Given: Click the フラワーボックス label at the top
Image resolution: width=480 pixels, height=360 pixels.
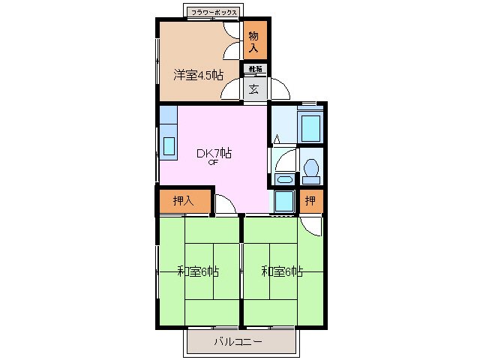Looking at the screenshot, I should (x=214, y=13).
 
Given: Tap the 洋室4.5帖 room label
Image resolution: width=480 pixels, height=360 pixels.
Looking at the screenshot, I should (x=199, y=74).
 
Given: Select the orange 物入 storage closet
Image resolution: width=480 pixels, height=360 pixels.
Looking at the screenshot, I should (x=253, y=41).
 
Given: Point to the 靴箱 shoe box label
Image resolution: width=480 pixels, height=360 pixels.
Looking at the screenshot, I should (x=253, y=70).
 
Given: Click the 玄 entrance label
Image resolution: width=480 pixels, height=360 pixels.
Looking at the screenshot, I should (x=253, y=88).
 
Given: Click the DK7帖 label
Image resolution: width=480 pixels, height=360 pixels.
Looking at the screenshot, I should (x=214, y=153).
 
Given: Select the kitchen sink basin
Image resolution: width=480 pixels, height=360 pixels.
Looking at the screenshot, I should (x=168, y=145).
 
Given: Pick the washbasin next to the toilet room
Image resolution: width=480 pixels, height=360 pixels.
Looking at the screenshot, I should (x=283, y=179).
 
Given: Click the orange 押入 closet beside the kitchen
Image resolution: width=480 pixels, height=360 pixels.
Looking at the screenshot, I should (x=183, y=200).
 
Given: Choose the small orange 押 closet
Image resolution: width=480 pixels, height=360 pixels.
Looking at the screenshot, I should (x=310, y=200).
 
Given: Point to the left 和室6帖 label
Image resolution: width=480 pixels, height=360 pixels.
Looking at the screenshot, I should (x=197, y=271).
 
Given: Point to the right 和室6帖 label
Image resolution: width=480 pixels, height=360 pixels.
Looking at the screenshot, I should (x=282, y=271).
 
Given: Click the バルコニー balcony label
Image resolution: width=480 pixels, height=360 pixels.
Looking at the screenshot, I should (x=238, y=342).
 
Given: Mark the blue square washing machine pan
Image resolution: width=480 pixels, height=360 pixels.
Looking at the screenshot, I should (x=283, y=202).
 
